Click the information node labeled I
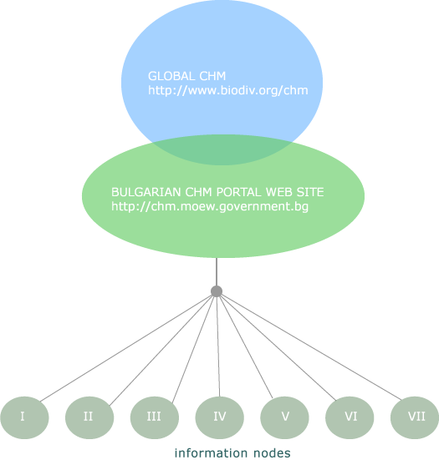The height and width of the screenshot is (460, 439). (24, 417)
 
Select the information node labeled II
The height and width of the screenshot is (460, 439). (89, 417)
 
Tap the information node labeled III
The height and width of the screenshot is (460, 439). (155, 417)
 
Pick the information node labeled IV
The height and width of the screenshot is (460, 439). (220, 417)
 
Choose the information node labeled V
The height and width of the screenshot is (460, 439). (285, 417)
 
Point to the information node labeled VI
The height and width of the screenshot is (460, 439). (350, 417)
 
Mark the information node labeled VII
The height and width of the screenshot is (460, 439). (415, 417)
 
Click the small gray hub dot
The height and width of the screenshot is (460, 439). (217, 291)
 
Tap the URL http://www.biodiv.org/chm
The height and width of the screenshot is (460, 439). (228, 90)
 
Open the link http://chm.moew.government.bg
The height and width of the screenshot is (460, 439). (210, 206)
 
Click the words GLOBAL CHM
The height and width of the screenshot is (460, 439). (186, 76)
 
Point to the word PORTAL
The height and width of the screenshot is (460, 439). (238, 192)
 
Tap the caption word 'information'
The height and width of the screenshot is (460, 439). (210, 452)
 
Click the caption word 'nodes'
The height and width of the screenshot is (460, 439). (271, 452)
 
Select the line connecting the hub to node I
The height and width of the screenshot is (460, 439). (125, 348)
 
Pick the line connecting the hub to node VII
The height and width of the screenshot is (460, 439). (311, 347)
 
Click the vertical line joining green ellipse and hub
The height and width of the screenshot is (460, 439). (217, 271)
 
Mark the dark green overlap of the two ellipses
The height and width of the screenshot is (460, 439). (222, 149)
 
